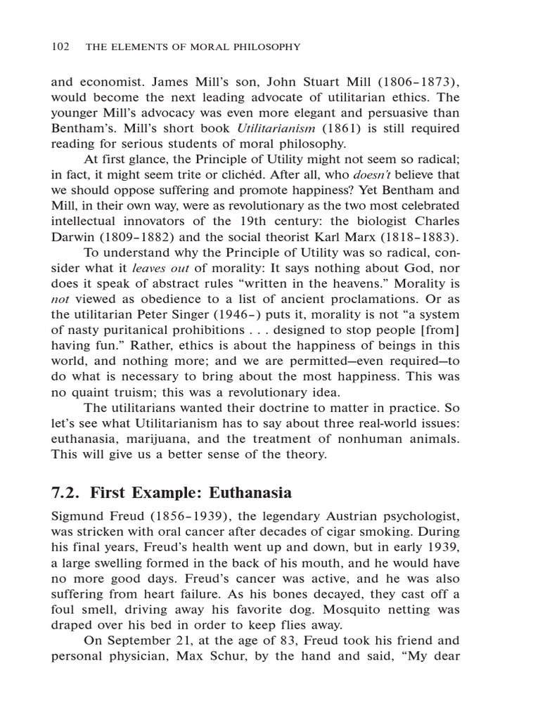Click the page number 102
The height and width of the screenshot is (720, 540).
[60, 47]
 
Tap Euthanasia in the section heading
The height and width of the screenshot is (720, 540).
[246, 492]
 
